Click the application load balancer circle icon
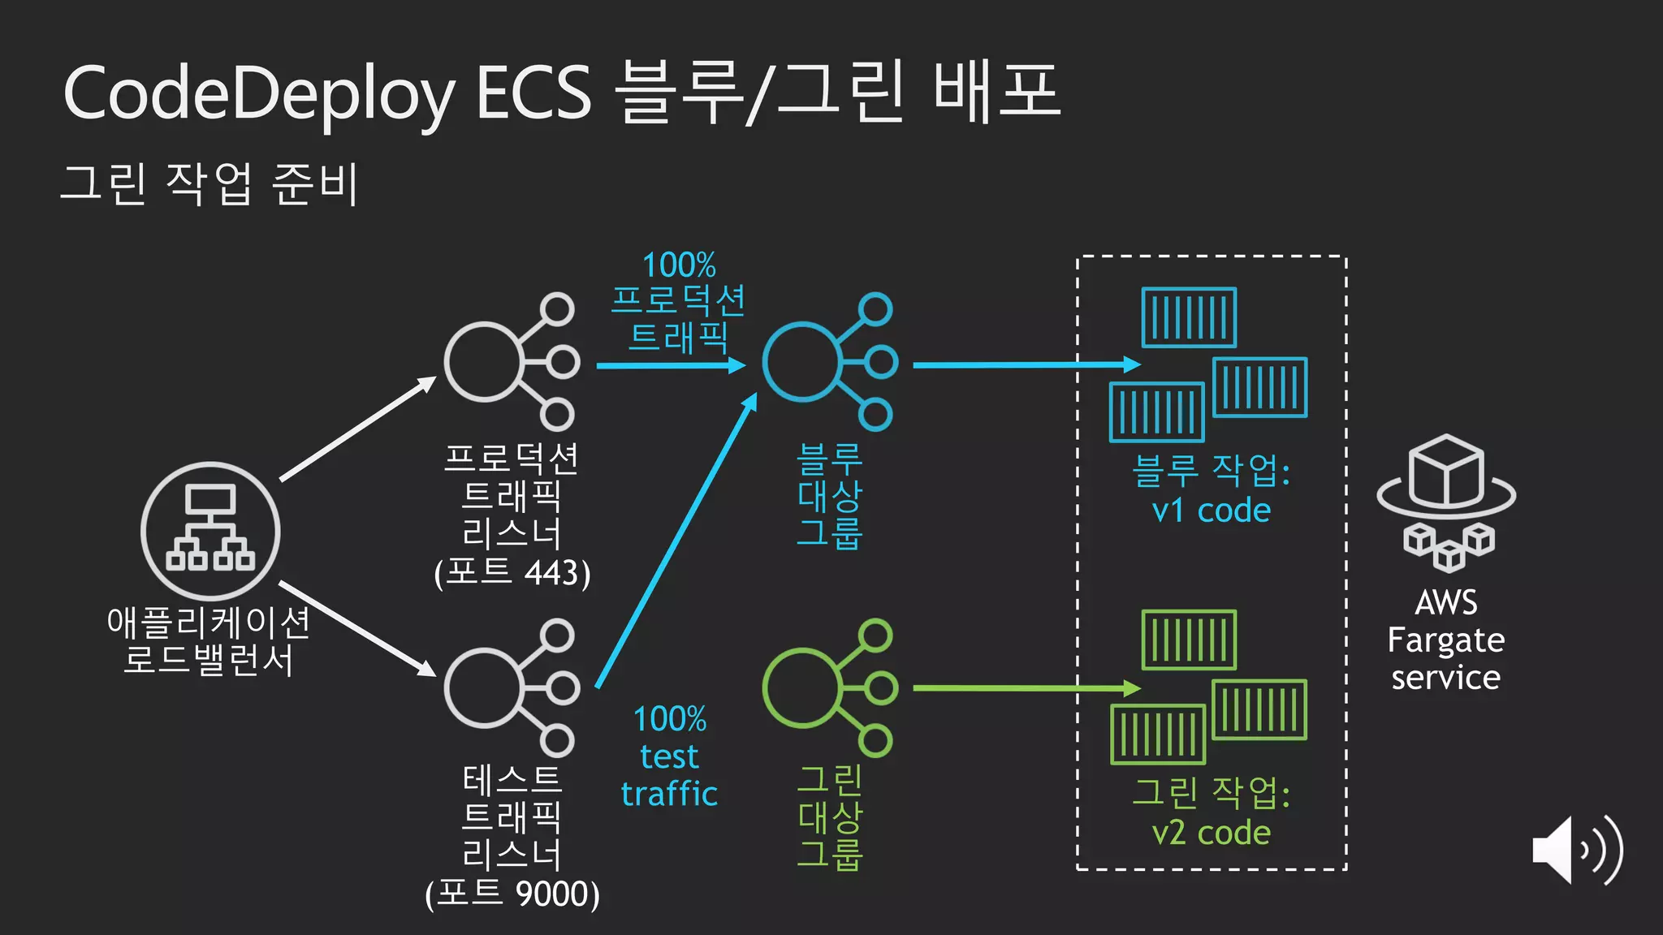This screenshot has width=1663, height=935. (210, 532)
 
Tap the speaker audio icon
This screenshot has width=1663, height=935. (1576, 850)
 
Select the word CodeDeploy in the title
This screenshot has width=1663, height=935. (259, 94)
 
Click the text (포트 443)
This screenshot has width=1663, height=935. (512, 573)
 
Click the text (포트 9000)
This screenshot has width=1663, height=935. (512, 894)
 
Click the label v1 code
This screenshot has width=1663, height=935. (1211, 511)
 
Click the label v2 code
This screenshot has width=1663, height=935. (1211, 833)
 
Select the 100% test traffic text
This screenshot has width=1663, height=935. (670, 756)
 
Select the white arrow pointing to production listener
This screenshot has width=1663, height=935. (357, 429)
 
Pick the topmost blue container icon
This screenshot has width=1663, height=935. (1189, 317)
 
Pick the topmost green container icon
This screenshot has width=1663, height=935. (1189, 640)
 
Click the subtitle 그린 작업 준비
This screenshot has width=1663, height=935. (209, 183)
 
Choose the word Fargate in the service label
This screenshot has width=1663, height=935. (1445, 640)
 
